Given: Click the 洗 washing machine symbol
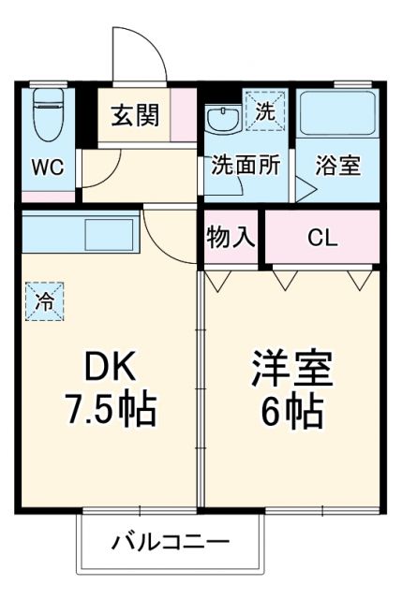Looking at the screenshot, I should pos(262,108).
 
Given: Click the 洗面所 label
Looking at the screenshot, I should pos(245,166).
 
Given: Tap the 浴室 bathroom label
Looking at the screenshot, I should pos(337,166).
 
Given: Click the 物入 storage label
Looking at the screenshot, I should pos(230,236).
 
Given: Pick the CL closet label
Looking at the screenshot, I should pos(321,237).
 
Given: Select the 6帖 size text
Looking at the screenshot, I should pos(291,410).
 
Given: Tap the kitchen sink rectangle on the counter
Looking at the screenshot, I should pos(112,233).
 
